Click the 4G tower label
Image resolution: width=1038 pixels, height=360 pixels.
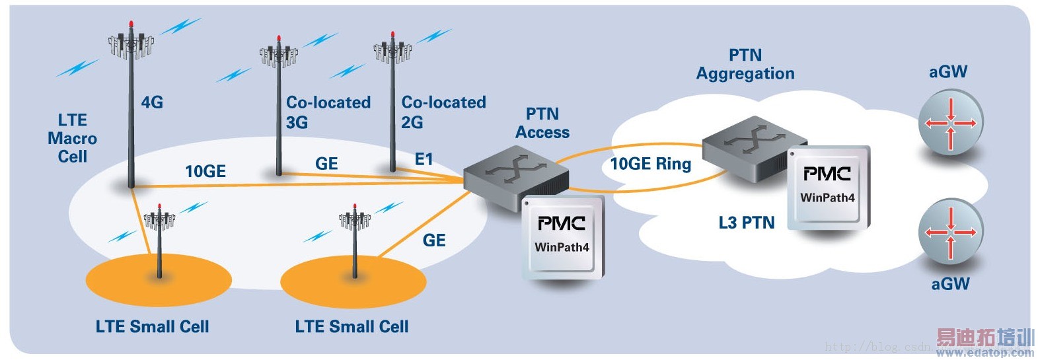(152, 102)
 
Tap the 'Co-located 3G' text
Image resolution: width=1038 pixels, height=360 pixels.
(328, 112)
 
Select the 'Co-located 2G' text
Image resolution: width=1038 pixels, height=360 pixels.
(443, 112)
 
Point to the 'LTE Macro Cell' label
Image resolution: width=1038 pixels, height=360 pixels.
(72, 139)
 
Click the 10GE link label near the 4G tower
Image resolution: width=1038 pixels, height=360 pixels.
(205, 172)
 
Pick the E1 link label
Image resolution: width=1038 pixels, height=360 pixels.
(424, 159)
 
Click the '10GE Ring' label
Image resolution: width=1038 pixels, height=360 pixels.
(650, 164)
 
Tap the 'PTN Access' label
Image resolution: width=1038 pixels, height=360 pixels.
(542, 124)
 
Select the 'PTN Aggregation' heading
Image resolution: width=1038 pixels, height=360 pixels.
(745, 64)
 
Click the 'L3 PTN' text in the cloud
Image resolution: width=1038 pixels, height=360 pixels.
(747, 223)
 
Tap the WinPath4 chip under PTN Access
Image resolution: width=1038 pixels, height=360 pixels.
(563, 236)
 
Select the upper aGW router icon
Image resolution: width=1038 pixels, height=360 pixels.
(951, 123)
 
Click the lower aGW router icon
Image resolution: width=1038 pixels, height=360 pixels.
(951, 232)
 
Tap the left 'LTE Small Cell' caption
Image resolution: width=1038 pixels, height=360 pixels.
(152, 326)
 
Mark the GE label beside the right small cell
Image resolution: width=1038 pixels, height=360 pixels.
(434, 240)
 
